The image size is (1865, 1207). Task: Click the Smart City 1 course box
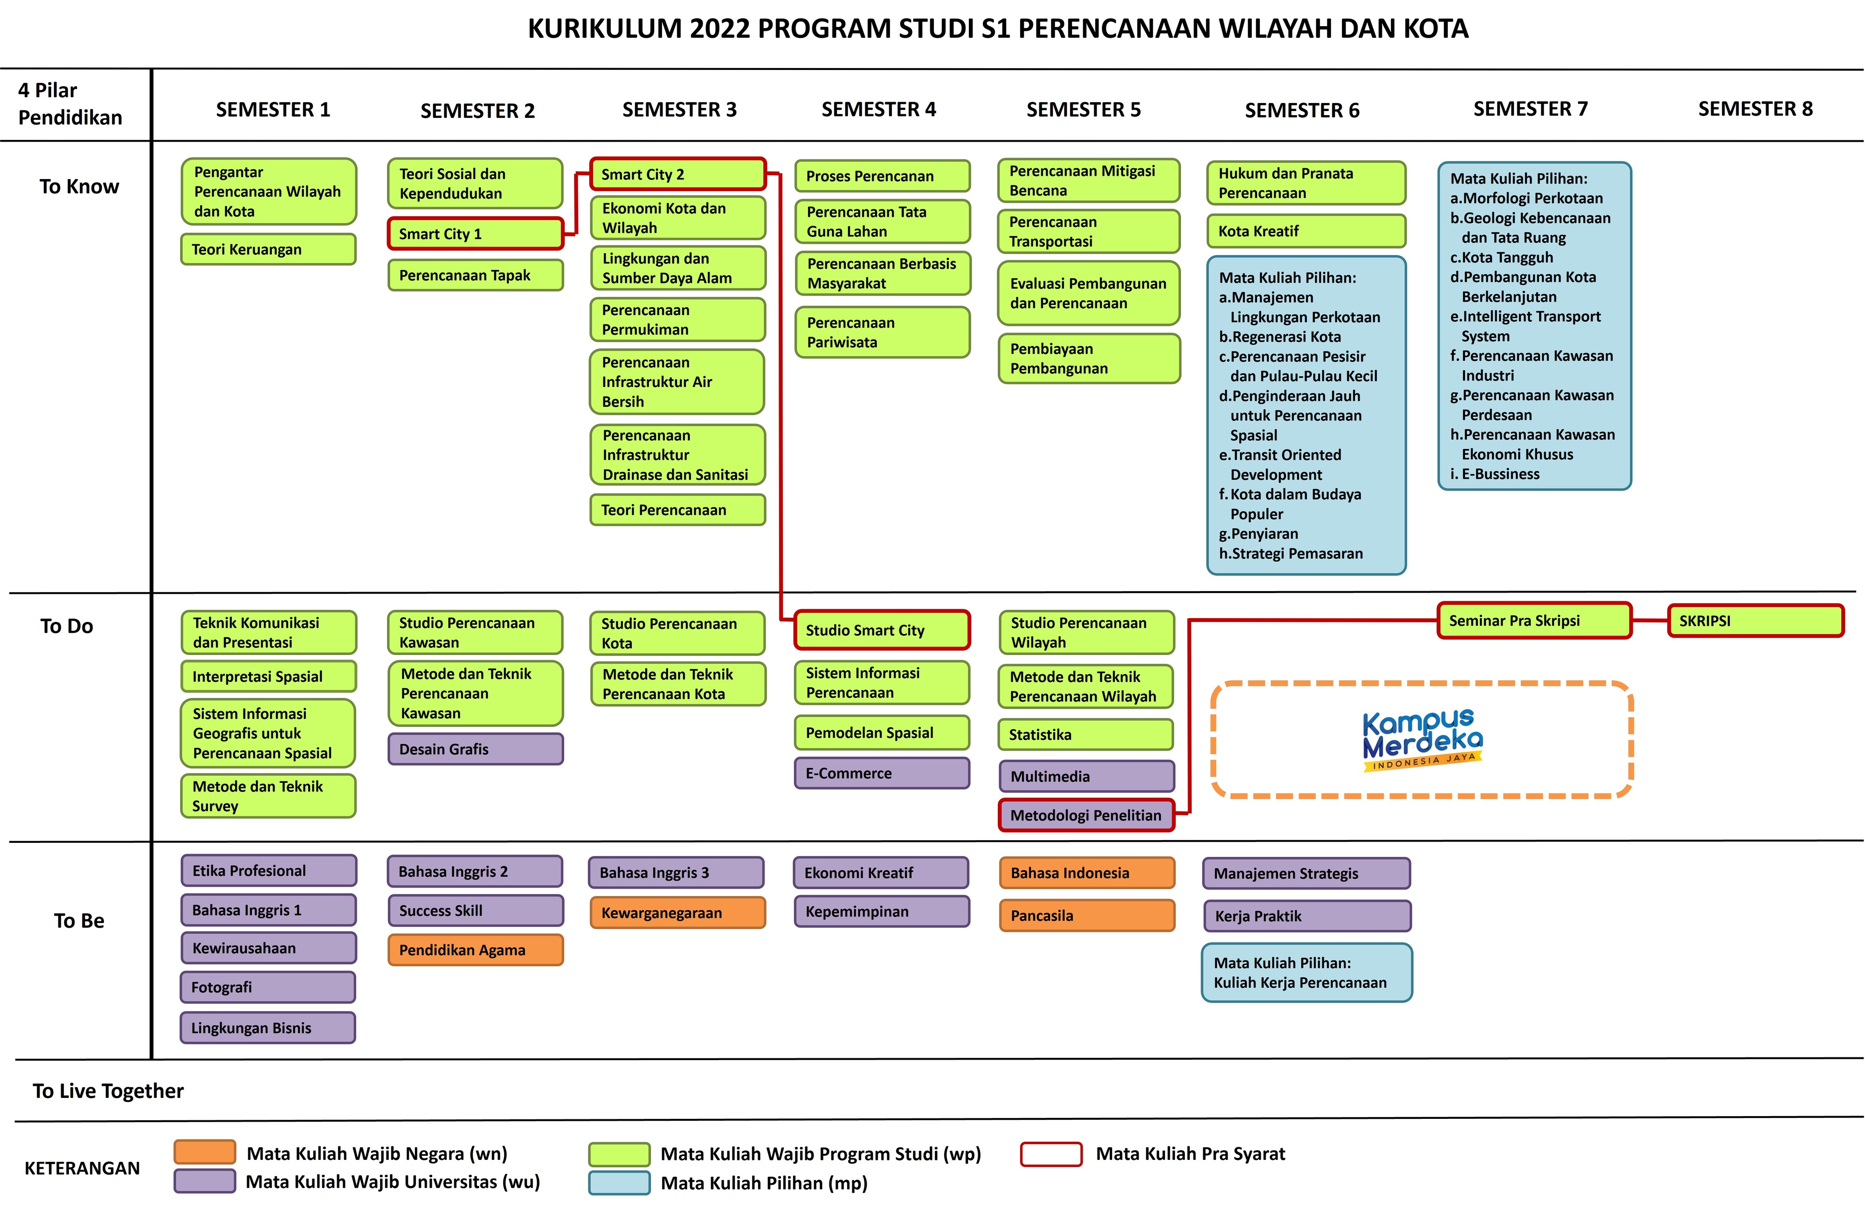tap(475, 234)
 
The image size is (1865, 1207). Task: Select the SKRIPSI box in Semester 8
tap(1755, 621)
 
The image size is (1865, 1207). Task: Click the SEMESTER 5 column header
tap(1083, 110)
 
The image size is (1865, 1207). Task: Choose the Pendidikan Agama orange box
tap(475, 950)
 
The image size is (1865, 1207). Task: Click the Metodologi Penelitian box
tap(1086, 815)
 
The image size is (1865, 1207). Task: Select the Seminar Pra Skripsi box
tap(1533, 621)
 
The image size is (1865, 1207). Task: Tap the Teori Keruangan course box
tap(268, 249)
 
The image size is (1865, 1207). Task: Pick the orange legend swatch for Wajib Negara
tap(205, 1152)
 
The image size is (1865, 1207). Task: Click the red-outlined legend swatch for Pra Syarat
tap(1051, 1154)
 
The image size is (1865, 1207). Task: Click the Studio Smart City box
tap(882, 630)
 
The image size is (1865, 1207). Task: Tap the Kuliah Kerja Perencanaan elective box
tap(1306, 972)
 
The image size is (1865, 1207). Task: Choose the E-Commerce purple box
tap(882, 773)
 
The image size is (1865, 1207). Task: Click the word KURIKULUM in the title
tap(604, 29)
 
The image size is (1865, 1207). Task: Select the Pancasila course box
tap(1087, 916)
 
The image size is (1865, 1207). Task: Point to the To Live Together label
tap(108, 1091)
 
